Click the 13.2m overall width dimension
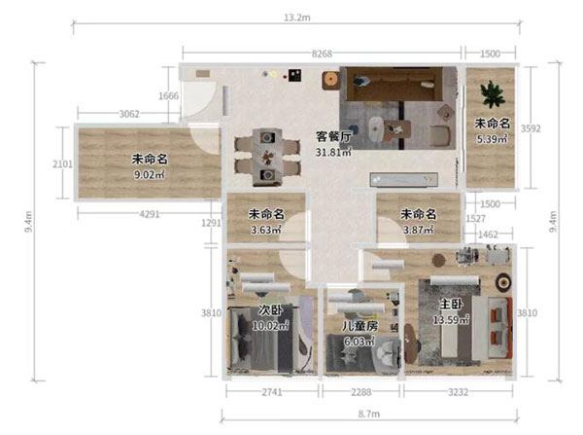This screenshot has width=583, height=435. (297, 18)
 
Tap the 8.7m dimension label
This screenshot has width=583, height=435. (369, 414)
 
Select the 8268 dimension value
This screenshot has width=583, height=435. (322, 54)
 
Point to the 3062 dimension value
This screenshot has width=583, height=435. (129, 114)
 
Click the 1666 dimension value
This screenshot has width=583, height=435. (169, 96)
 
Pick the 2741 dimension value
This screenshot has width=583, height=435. (272, 392)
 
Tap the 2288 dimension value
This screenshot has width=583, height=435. (361, 392)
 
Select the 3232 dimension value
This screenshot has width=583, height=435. (458, 392)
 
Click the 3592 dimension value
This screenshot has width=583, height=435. (531, 128)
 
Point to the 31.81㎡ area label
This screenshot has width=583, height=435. (333, 152)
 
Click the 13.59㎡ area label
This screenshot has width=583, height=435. (451, 319)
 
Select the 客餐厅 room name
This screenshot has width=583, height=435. (333, 136)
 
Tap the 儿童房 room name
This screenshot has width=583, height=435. (360, 326)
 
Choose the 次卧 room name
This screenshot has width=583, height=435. (270, 309)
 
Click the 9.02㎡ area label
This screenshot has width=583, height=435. (150, 174)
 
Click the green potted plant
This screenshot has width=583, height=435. (492, 94)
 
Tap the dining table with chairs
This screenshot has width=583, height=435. (267, 157)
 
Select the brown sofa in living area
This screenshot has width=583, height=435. (394, 84)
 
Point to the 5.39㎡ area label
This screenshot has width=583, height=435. (493, 139)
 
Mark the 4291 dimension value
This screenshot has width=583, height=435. (150, 214)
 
